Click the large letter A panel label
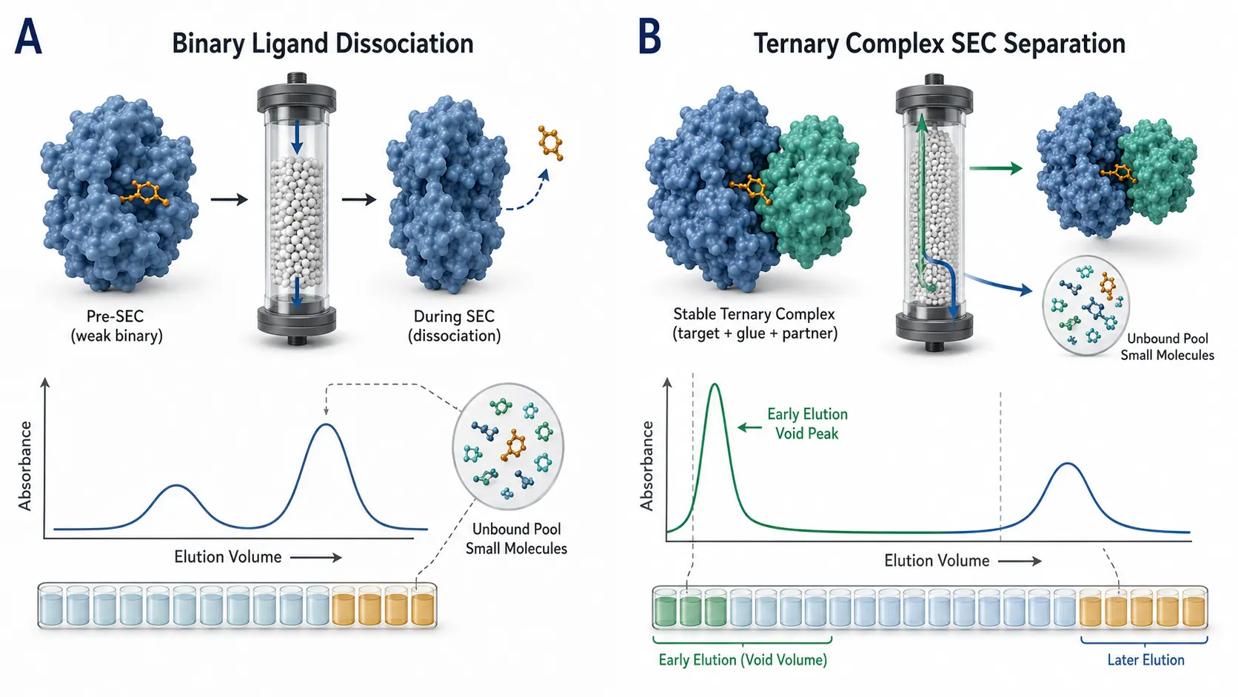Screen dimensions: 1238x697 pyautogui.click(x=28, y=37)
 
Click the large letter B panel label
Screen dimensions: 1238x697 pyautogui.click(x=650, y=37)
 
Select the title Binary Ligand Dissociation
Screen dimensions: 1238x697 pyautogui.click(x=323, y=44)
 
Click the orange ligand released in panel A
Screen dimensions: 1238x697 pyautogui.click(x=550, y=143)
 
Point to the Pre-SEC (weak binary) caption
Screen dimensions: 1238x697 pyautogui.click(x=116, y=326)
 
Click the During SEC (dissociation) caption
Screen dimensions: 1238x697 pyautogui.click(x=455, y=326)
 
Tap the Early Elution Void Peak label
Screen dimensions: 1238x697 pyautogui.click(x=808, y=424)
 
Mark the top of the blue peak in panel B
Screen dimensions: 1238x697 pyautogui.click(x=1068, y=463)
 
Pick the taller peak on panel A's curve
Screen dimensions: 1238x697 pyautogui.click(x=327, y=424)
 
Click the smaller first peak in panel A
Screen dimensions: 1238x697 pyautogui.click(x=176, y=485)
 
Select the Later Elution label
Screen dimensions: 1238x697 pyautogui.click(x=1145, y=660)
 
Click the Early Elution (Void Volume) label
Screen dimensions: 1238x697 pyautogui.click(x=743, y=660)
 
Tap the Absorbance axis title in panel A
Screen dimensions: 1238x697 pyautogui.click(x=25, y=465)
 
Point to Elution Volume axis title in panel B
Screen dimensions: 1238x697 pyautogui.click(x=937, y=561)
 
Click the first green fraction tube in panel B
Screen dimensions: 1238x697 pyautogui.click(x=665, y=608)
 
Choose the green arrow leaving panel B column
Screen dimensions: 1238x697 pyautogui.click(x=996, y=168)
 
